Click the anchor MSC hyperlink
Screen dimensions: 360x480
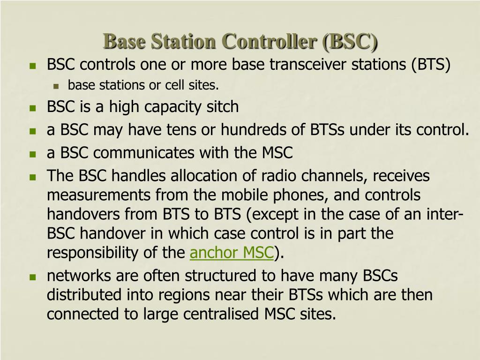[x=232, y=253]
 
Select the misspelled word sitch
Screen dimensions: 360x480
[x=223, y=107]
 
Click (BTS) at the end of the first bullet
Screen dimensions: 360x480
[x=431, y=65]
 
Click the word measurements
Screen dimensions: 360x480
[x=93, y=195]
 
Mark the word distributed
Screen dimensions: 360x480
[x=84, y=295]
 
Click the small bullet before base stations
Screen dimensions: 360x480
[x=56, y=86]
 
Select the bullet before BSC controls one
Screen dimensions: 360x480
[x=33, y=66]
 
